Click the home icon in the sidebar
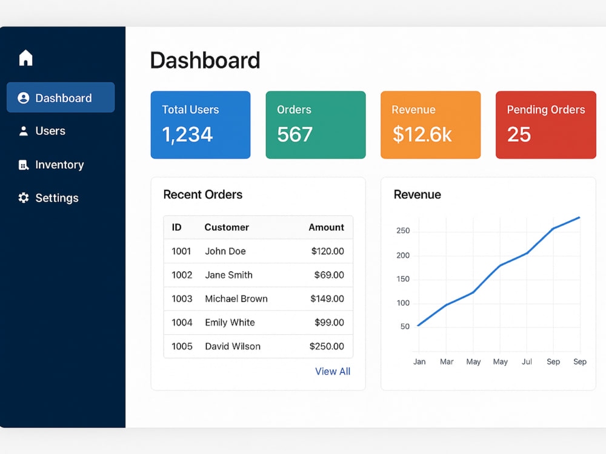(26, 58)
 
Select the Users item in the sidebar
(42, 131)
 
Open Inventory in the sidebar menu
(51, 165)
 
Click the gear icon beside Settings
(24, 198)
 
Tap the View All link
(333, 372)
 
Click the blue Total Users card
(201, 125)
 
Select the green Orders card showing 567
(316, 125)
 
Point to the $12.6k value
(422, 134)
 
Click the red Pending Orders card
(546, 125)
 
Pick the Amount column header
(326, 228)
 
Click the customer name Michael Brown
(236, 299)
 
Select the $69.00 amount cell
(329, 275)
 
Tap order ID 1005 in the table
(182, 346)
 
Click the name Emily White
(230, 323)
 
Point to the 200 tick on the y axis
(403, 255)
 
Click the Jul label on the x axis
(527, 362)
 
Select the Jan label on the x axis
(419, 362)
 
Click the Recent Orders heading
(203, 194)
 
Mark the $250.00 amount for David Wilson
(327, 346)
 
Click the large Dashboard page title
(205, 61)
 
